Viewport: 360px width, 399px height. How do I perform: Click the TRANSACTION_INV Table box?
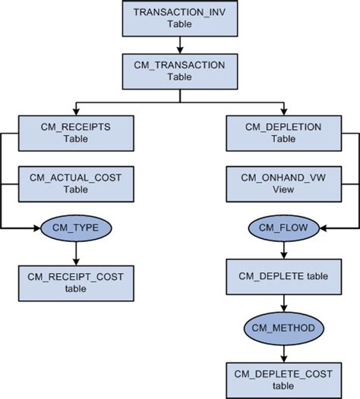(179, 19)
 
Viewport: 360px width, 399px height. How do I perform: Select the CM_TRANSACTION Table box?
(179, 71)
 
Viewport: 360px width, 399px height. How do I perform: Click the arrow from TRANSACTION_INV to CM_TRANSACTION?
(179, 44)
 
